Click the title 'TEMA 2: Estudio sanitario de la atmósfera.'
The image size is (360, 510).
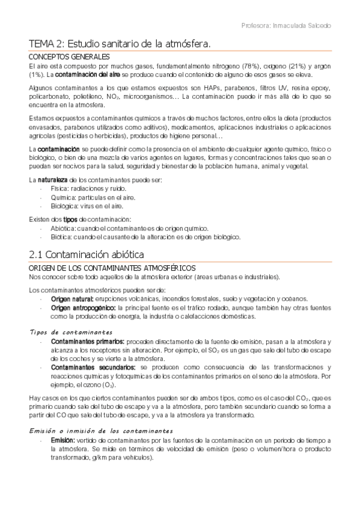pos(120,43)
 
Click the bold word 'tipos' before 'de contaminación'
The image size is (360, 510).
pos(71,220)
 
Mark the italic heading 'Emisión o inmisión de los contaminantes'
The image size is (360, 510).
pos(100,431)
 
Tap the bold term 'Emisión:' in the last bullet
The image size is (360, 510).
pos(63,441)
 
